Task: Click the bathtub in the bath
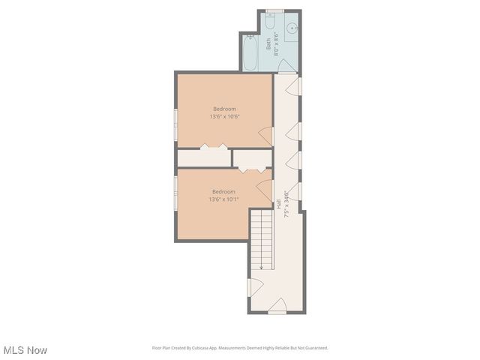click(x=251, y=54)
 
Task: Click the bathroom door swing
click(x=286, y=67)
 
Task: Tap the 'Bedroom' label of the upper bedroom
click(x=223, y=108)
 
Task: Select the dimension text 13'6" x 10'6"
click(x=223, y=116)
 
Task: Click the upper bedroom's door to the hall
click(x=265, y=136)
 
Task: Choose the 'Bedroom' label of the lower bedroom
click(x=223, y=191)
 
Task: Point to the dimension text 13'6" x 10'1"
click(x=223, y=199)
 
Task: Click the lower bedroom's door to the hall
click(x=265, y=187)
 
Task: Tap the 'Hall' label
click(x=279, y=203)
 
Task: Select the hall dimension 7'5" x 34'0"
click(x=287, y=203)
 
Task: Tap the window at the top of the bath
click(x=275, y=10)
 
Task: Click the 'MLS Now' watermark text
click(x=25, y=350)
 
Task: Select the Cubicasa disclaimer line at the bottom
click(x=240, y=348)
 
